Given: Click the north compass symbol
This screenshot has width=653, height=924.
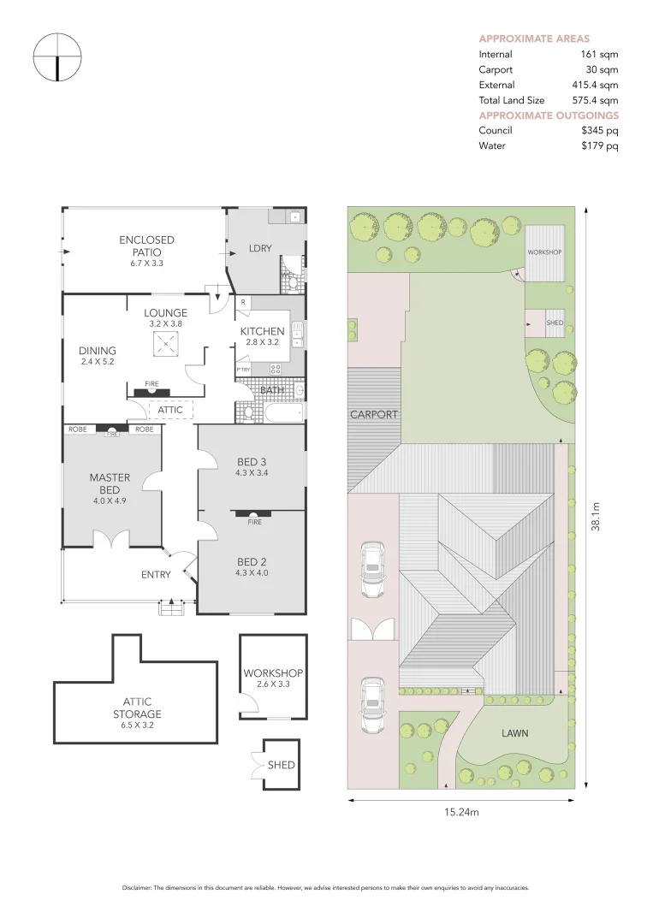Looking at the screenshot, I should point(57,57).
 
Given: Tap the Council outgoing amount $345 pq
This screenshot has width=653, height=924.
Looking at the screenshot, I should point(599,130).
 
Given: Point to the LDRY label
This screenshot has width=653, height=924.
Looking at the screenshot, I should point(260,248).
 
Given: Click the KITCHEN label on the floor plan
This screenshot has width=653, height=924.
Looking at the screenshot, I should point(262,331).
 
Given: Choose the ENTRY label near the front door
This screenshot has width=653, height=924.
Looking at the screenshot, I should point(156,575).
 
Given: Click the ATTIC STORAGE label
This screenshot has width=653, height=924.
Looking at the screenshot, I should point(137,708).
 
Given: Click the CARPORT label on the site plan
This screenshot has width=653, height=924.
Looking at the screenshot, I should point(374,414).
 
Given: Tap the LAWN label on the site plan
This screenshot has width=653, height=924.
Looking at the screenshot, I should point(515,733).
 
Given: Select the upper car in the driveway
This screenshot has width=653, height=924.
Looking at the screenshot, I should point(372,569).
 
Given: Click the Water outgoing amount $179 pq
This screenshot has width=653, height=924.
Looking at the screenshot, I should point(599,145).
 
